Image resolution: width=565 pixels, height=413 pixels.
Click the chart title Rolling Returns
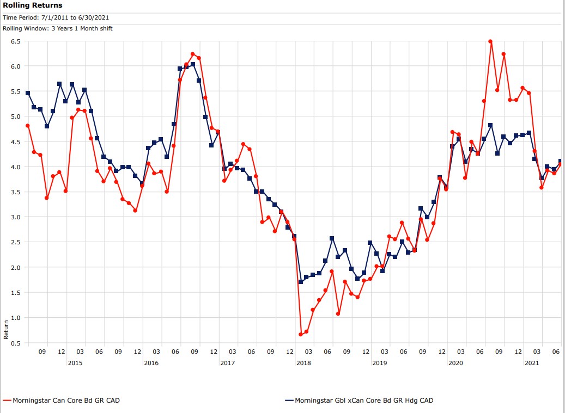pyautogui.click(x=33, y=5)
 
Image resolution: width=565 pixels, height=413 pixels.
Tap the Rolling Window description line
pyautogui.click(x=58, y=28)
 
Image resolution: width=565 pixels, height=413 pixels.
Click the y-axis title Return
pyautogui.click(x=6, y=329)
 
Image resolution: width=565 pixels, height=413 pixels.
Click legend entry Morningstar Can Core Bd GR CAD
pyautogui.click(x=66, y=400)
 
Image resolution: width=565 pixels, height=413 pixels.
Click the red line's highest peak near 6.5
pyautogui.click(x=490, y=41)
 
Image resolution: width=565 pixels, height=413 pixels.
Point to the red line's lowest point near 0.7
pyautogui.click(x=300, y=334)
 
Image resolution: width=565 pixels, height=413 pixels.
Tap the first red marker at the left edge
pyautogui.click(x=28, y=126)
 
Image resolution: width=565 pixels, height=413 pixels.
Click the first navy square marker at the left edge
pyautogui.click(x=28, y=93)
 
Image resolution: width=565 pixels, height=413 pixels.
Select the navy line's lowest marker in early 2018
pyautogui.click(x=300, y=282)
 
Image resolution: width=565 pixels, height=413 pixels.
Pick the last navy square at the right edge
pyautogui.click(x=560, y=161)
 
